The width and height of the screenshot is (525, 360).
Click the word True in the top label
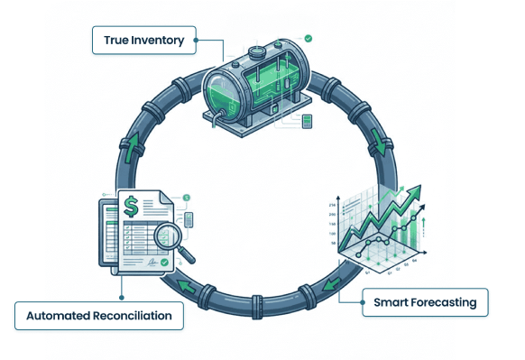click(x=117, y=40)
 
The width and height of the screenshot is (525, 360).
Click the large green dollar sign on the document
click(x=133, y=208)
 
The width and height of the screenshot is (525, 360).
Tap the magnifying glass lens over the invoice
click(x=169, y=236)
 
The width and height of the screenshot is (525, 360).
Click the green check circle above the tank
click(x=309, y=39)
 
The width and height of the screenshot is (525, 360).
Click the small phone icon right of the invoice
click(x=189, y=218)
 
